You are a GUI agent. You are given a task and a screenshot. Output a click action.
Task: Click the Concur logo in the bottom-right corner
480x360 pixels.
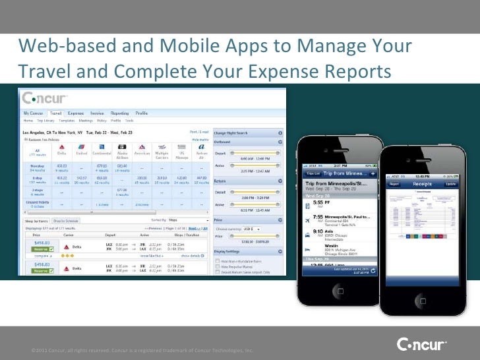421,344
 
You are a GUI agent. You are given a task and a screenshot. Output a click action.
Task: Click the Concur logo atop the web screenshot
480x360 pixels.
44,99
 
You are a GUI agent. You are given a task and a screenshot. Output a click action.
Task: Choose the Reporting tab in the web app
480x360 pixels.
119,113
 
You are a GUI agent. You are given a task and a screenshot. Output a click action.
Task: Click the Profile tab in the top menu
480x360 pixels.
142,113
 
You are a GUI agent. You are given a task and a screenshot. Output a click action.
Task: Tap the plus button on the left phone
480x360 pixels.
373,173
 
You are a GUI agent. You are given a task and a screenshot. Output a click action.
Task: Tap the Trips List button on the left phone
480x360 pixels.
313,173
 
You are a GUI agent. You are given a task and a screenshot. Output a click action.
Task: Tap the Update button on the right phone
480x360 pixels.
451,184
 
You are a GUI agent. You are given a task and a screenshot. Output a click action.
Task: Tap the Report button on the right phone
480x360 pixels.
394,184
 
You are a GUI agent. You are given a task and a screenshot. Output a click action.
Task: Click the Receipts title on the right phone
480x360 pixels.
423,184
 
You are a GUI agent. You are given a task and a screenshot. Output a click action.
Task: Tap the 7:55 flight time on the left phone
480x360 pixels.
317,216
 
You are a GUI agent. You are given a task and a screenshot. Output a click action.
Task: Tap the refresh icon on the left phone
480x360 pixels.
373,270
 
